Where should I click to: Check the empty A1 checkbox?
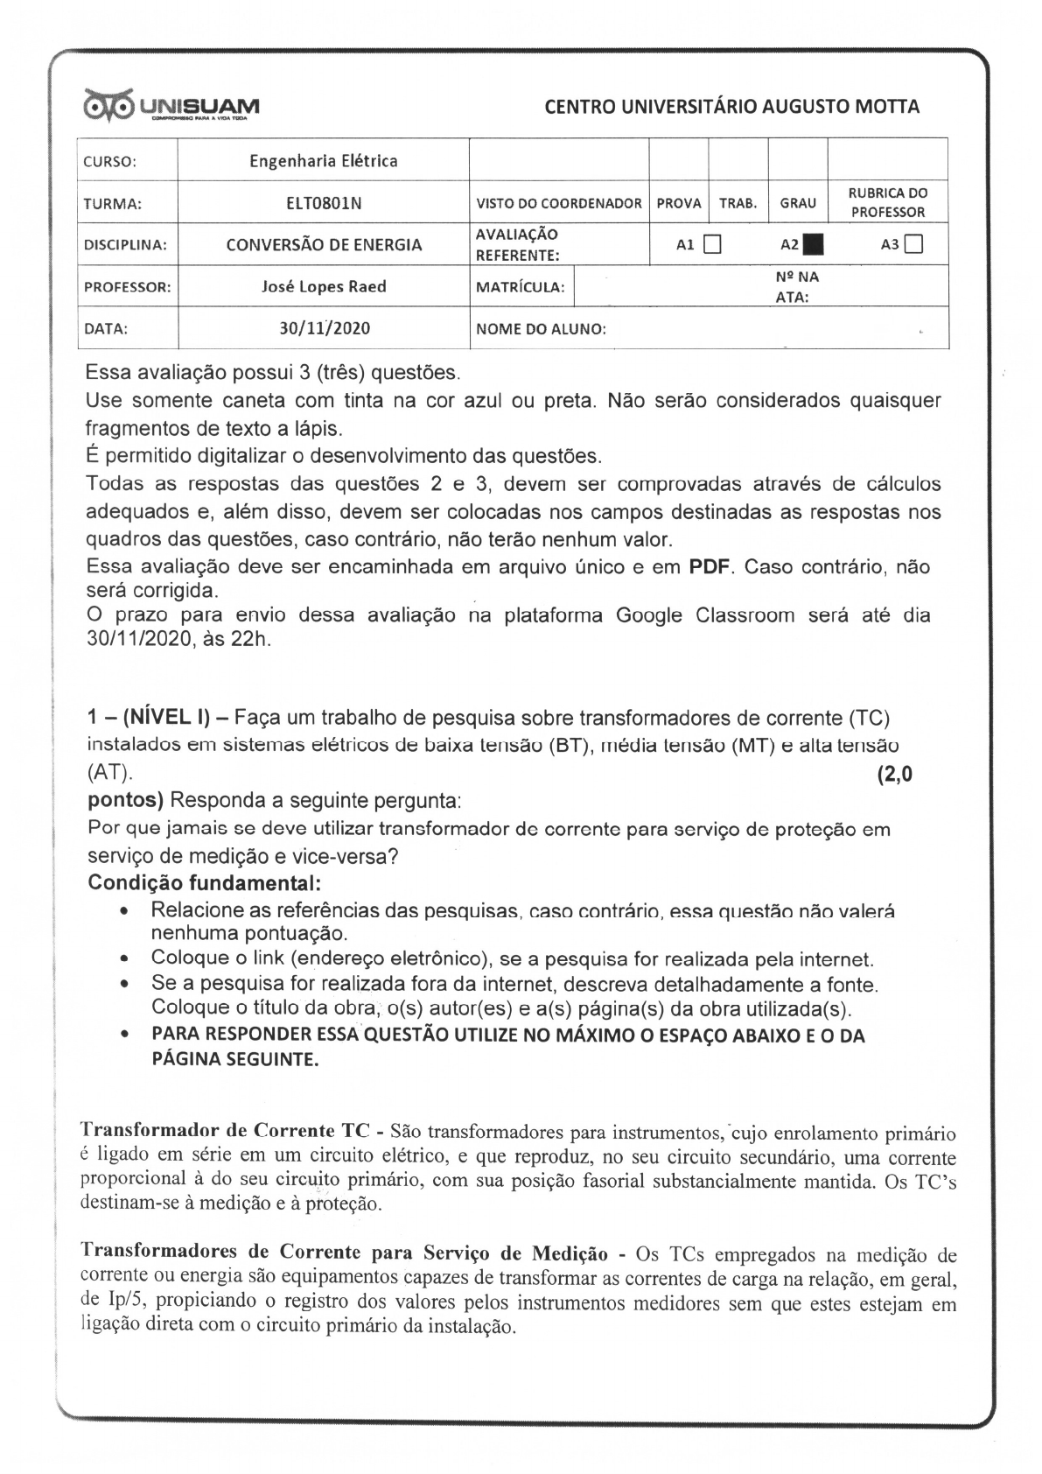711,244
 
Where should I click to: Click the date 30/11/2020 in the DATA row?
325,329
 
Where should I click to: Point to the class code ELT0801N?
324,203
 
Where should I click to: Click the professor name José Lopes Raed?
324,286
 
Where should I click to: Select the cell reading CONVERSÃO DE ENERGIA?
324,245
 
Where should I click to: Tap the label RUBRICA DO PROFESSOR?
888,202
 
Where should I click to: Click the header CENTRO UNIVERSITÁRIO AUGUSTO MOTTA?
731,107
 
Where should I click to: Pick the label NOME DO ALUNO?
541,330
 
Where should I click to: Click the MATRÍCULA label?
520,287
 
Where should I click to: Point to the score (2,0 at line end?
894,774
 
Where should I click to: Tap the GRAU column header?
797,203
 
